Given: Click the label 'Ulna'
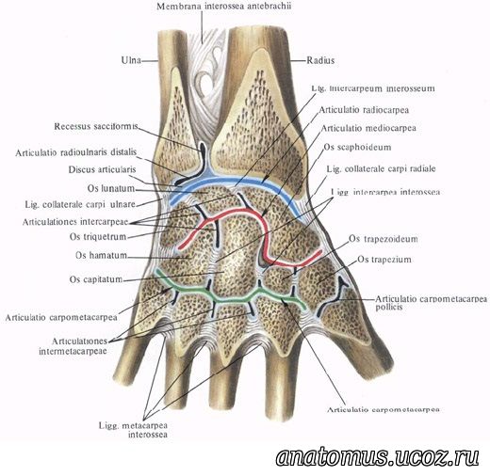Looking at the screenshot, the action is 131,60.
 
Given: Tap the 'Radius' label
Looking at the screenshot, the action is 320,60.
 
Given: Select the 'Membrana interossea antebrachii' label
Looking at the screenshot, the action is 224,7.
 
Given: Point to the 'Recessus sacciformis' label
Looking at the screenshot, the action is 96,126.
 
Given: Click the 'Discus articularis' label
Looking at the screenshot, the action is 102,169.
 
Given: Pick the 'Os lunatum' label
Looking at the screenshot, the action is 111,188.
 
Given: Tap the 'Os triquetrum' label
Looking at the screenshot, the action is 98,236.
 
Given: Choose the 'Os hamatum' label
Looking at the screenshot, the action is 101,255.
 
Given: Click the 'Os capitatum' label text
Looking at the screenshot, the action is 96,278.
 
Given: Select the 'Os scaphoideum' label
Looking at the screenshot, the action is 357,147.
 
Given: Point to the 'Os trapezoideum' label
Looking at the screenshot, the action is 384,239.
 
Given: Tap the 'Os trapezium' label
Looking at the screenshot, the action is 384,260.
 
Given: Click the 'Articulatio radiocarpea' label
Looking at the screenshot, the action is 364,110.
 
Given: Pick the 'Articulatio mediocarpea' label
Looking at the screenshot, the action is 368,128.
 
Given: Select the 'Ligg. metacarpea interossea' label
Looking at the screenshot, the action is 133,430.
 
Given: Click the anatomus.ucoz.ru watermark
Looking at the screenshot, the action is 378,457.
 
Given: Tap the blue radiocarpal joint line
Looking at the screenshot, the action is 236,182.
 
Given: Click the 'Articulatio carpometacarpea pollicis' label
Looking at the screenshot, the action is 432,303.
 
